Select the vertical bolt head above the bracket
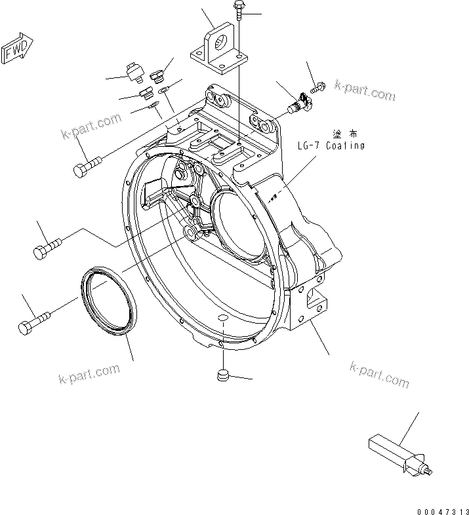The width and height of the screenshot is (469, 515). pos(237,8)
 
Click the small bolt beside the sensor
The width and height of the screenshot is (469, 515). pos(319,86)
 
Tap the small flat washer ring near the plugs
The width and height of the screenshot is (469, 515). pos(164,88)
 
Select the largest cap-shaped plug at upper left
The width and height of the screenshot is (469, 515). pos(134,71)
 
